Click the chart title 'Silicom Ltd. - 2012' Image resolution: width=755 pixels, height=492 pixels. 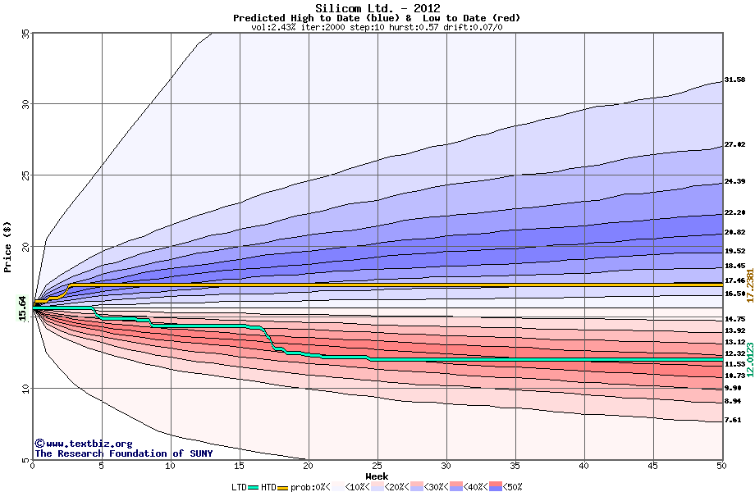pos(377,9)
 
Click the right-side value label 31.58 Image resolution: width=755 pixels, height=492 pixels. pos(734,80)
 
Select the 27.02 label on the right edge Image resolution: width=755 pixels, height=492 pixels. pos(734,145)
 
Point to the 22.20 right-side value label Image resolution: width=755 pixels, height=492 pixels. pos(734,213)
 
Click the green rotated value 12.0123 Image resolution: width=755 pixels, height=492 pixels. pos(748,359)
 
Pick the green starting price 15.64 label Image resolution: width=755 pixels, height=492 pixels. pos(23,308)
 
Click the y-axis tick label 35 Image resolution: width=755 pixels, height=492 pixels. pos(25,34)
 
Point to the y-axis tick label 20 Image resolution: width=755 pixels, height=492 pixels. pos(25,247)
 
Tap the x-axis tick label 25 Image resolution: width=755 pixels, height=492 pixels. pos(377,466)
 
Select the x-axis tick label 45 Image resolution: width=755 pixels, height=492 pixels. pos(652,466)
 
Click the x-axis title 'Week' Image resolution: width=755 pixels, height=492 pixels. pos(377,476)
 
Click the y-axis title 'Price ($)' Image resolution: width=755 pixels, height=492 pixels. pos(8,246)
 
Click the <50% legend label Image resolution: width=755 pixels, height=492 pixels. pos(513,487)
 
